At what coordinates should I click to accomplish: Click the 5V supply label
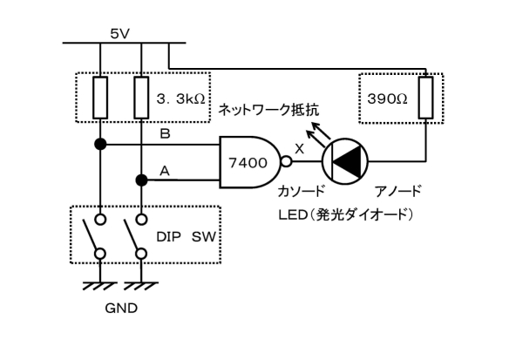click(x=120, y=34)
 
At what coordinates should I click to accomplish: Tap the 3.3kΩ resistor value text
click(x=180, y=99)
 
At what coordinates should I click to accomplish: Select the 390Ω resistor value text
click(x=387, y=98)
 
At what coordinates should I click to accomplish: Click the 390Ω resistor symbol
click(x=425, y=98)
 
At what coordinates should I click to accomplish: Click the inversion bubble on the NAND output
click(x=286, y=161)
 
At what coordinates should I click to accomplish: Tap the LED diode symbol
click(x=345, y=161)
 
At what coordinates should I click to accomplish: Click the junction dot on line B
click(x=100, y=144)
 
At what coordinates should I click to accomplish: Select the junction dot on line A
click(x=141, y=180)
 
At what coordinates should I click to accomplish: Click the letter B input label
click(x=165, y=133)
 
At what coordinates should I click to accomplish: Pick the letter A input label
click(x=165, y=171)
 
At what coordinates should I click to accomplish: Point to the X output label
click(x=300, y=149)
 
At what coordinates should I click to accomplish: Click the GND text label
click(x=121, y=308)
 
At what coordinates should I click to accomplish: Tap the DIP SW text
click(x=186, y=237)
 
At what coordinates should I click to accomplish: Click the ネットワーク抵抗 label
click(x=268, y=110)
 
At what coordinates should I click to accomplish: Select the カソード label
click(x=302, y=191)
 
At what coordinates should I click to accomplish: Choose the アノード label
click(x=398, y=191)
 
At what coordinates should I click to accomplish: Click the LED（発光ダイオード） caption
click(x=346, y=215)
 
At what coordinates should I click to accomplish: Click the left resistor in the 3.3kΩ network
click(x=100, y=98)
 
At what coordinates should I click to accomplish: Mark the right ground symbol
click(x=141, y=286)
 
